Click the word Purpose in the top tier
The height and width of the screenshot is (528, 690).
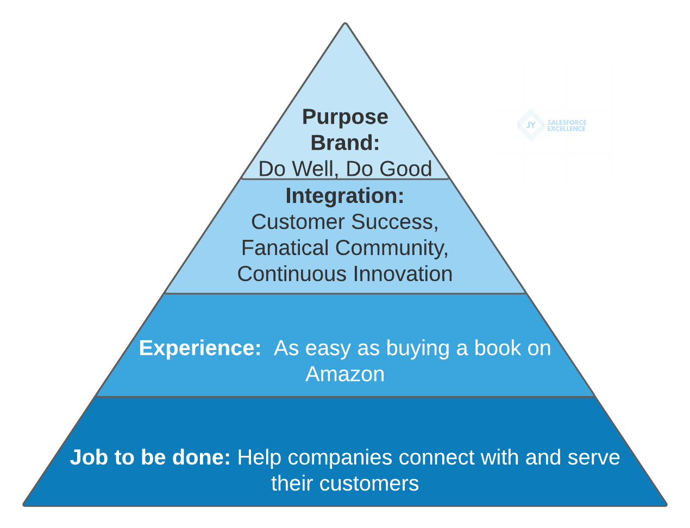point(345,117)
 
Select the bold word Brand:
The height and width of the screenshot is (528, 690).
point(345,143)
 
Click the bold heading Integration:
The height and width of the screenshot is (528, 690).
point(345,195)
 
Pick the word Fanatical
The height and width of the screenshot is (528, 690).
point(284,248)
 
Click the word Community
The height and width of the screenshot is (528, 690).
point(392,248)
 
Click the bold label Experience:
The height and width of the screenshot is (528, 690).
point(200,348)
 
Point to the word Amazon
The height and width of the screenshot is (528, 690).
point(345,374)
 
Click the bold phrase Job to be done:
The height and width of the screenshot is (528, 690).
point(150,457)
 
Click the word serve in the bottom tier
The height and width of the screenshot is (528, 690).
point(594,457)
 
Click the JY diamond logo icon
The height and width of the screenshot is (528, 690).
point(531,125)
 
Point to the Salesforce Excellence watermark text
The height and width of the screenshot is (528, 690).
point(567,125)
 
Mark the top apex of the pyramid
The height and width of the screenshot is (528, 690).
point(345,23)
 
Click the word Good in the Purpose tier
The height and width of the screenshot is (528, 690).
point(405,169)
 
